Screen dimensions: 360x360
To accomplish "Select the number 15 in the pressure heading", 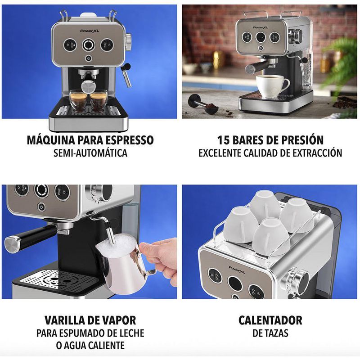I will [225, 140].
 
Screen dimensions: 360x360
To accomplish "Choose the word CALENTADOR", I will [270, 320].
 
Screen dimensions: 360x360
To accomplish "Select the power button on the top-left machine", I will [88, 58].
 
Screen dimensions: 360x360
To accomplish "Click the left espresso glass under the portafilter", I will [79, 99].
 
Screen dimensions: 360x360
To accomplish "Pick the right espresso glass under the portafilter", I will [98, 99].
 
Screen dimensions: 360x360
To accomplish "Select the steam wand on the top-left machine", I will [126, 74].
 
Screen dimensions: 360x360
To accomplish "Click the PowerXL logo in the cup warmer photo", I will [237, 269].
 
